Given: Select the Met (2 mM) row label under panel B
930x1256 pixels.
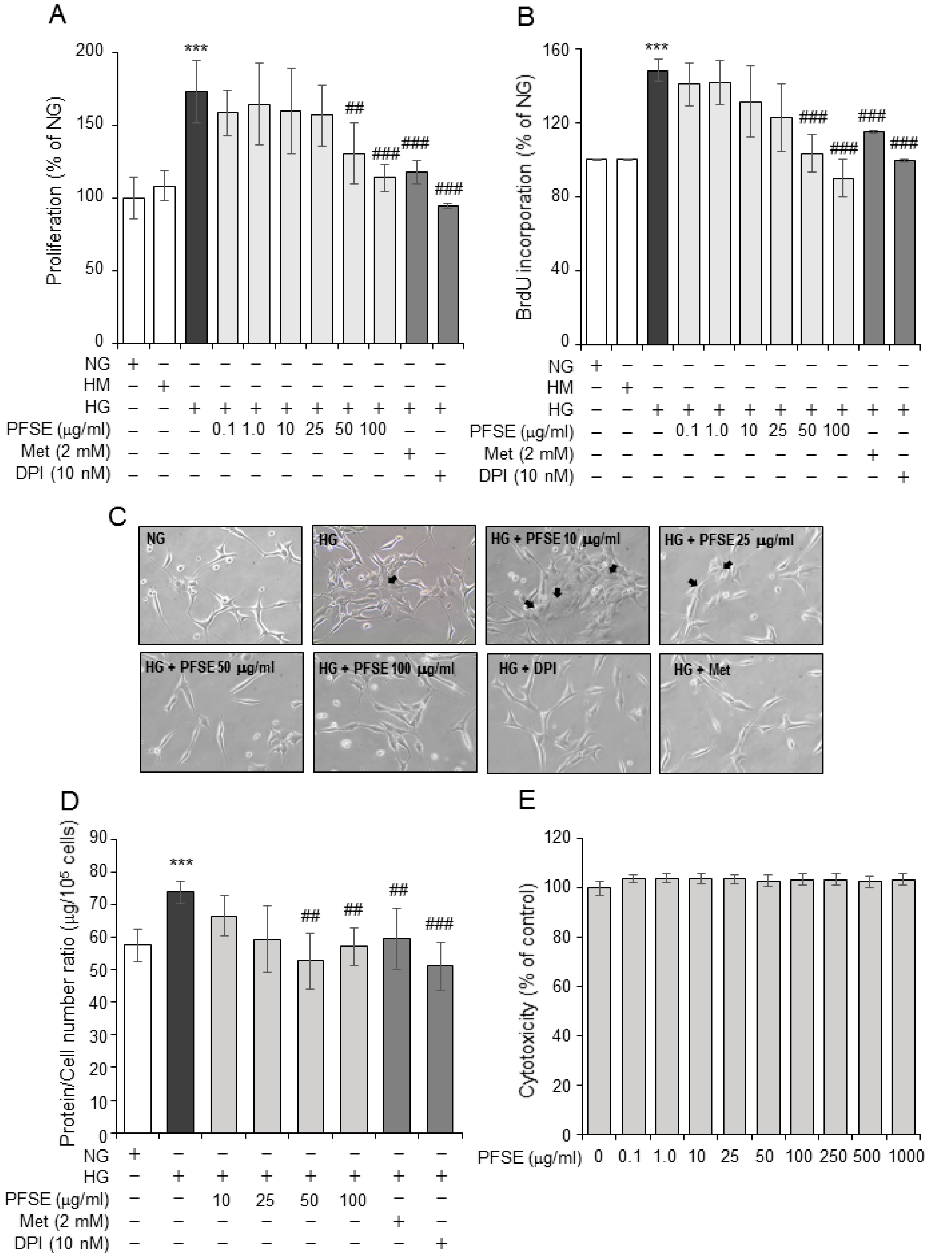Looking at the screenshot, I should click(529, 453).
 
